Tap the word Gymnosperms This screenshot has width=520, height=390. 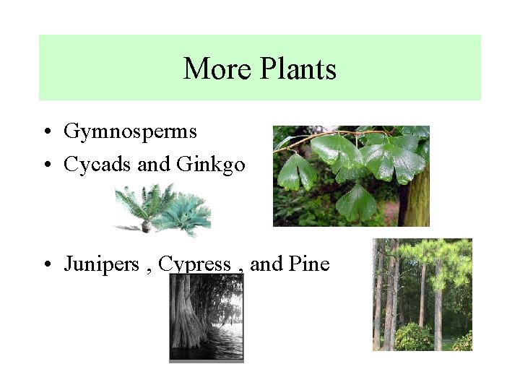pyautogui.click(x=130, y=131)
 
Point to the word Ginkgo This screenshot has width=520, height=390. pyautogui.click(x=210, y=165)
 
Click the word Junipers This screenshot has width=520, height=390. pyautogui.click(x=101, y=264)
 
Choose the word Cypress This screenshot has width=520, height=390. pyautogui.click(x=194, y=264)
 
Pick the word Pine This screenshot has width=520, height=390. pyautogui.click(x=308, y=264)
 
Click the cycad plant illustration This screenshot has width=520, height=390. pyautogui.click(x=163, y=209)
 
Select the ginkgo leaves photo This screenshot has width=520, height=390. pyautogui.click(x=350, y=176)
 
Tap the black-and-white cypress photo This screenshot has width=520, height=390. pyautogui.click(x=207, y=318)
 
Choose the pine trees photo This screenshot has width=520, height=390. pyautogui.click(x=422, y=295)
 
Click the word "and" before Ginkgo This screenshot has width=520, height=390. pyautogui.click(x=153, y=165)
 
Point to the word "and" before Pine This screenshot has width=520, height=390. pyautogui.click(x=266, y=264)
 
